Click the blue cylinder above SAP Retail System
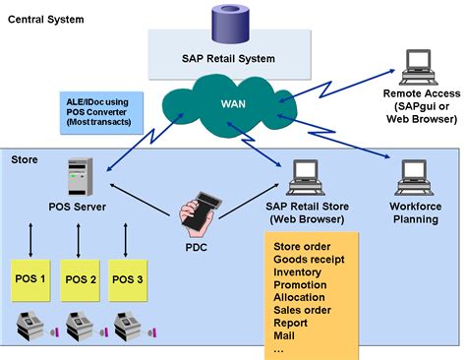coord(228,23)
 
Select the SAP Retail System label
coord(228,59)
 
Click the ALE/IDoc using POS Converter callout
coord(97,111)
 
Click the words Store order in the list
coord(303,246)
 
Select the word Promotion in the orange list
coord(300,284)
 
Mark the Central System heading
coord(46,19)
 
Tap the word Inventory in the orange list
coord(299,271)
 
